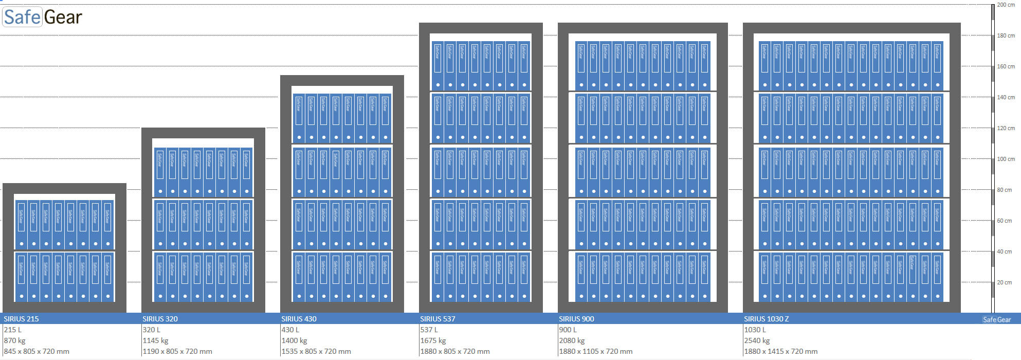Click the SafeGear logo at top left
click(43, 17)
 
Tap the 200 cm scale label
click(1006, 5)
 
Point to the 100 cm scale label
click(1006, 159)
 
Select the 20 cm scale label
click(1005, 282)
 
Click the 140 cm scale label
click(1006, 97)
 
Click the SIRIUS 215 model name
click(21, 319)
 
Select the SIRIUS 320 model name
click(160, 319)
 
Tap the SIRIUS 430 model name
click(299, 319)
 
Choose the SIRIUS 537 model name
click(437, 319)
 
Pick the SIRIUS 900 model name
click(576, 319)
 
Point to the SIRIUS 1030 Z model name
click(766, 319)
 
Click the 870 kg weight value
click(14, 340)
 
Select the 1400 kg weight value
click(294, 340)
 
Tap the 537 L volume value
click(429, 330)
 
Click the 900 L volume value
click(568, 330)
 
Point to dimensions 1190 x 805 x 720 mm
click(177, 351)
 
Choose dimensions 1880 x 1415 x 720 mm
click(780, 351)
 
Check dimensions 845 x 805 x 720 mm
click(37, 351)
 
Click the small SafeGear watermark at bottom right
click(996, 319)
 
